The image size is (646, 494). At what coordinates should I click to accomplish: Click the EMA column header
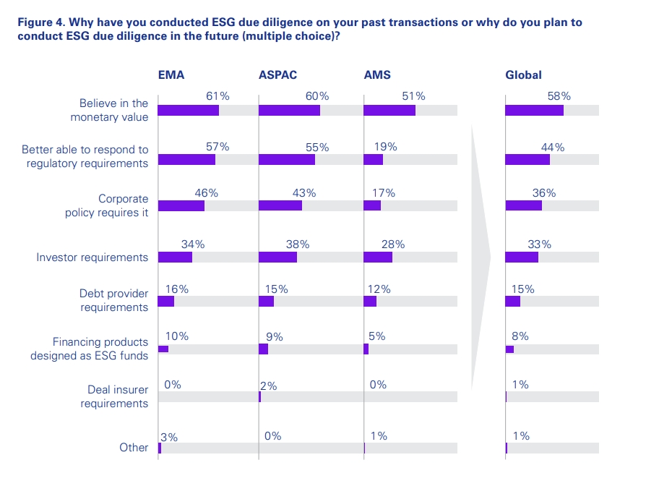(172, 74)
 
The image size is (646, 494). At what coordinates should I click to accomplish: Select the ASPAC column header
(277, 74)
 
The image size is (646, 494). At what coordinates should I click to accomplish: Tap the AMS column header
(377, 74)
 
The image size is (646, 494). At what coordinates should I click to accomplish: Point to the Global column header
(523, 74)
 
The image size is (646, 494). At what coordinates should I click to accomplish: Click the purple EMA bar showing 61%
(188, 110)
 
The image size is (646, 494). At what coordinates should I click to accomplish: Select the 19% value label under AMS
(386, 147)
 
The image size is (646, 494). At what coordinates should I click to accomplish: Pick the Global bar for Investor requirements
(522, 257)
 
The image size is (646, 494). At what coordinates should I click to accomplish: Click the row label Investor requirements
(92, 257)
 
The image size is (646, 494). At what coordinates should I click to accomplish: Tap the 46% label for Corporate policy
(206, 193)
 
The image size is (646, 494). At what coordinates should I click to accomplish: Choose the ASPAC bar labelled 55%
(286, 159)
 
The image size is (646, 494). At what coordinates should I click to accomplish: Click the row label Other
(134, 448)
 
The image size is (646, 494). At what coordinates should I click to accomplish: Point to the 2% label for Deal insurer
(268, 386)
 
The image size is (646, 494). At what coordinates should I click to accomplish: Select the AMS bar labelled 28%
(377, 257)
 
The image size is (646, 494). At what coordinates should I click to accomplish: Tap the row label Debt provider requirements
(113, 301)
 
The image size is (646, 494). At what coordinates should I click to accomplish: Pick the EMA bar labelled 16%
(165, 302)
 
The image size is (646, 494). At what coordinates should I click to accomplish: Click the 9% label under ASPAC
(274, 336)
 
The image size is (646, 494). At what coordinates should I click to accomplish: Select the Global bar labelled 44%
(527, 159)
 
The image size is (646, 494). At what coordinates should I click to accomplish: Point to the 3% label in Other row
(169, 437)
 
